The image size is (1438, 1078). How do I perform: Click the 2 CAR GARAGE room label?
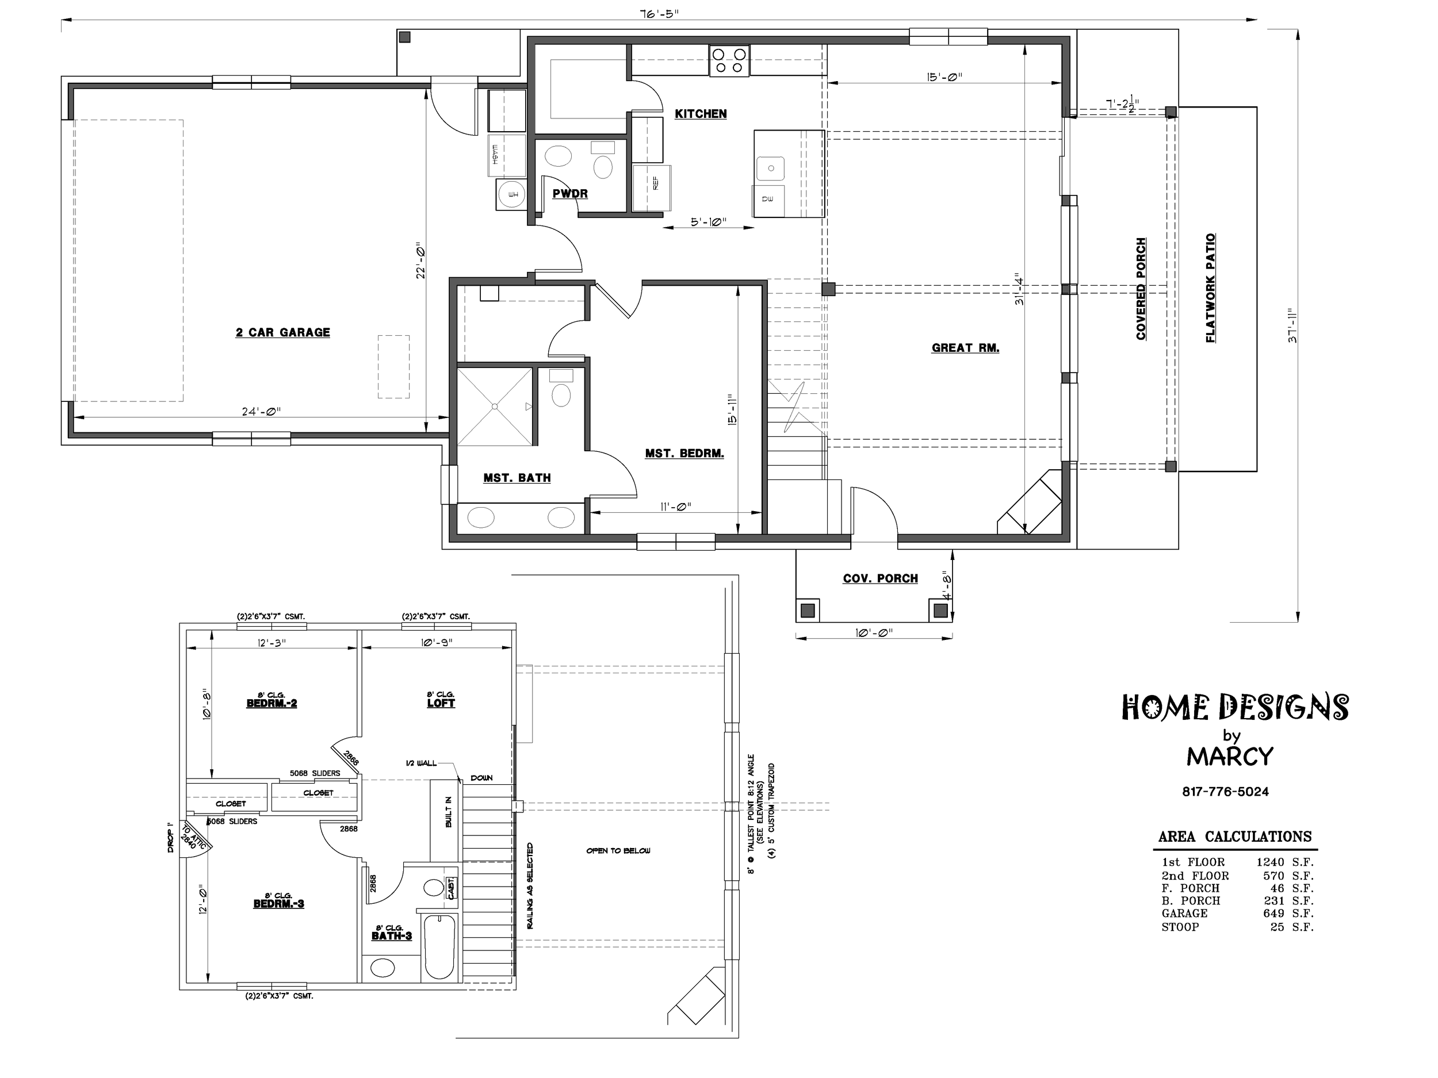[x=283, y=333]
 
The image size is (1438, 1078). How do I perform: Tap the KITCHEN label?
[x=701, y=114]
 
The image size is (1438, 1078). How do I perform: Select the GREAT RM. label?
[x=965, y=348]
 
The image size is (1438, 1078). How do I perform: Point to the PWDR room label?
[x=570, y=194]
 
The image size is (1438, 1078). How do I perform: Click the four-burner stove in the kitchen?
[x=729, y=60]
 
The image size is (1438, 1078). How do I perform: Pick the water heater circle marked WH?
[x=511, y=194]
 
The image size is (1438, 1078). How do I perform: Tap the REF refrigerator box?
[x=651, y=188]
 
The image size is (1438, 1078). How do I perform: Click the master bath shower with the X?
[x=495, y=406]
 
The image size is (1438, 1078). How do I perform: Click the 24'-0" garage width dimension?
[x=259, y=411]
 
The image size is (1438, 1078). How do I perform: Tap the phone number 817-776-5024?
[x=1225, y=792]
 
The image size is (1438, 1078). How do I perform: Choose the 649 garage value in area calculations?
[x=1273, y=913]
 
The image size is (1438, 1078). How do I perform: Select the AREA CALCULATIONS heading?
[x=1235, y=837]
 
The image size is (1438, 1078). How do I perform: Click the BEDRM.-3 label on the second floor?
[x=278, y=904]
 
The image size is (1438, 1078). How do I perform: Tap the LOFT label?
[x=441, y=703]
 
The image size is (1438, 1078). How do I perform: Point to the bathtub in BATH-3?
[x=439, y=946]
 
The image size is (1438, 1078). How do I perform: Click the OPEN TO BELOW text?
[x=618, y=850]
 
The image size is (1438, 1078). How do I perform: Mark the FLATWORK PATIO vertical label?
[x=1210, y=288]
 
